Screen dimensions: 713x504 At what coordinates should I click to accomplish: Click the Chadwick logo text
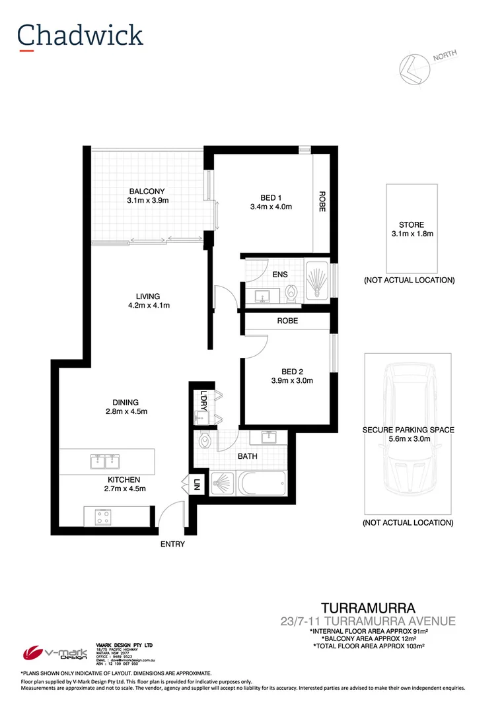(x=81, y=35)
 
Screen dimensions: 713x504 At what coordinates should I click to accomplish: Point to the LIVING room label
(x=149, y=296)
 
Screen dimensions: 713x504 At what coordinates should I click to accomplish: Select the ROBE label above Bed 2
(x=287, y=320)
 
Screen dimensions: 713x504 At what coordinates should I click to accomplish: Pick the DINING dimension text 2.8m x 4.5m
(x=125, y=412)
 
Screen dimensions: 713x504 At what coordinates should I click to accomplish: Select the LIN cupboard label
(x=197, y=487)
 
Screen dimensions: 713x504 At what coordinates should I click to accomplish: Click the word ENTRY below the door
(x=172, y=545)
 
